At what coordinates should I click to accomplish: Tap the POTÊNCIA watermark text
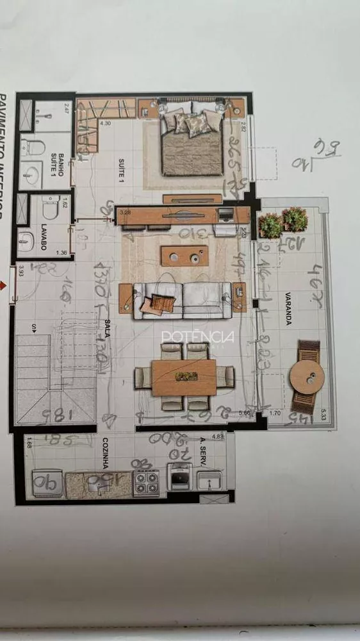pos(198,337)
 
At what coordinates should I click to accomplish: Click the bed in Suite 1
pos(192,138)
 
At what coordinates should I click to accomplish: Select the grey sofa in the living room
pos(182,300)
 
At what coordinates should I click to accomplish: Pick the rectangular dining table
pos(184,377)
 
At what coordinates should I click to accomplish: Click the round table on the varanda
pos(307,377)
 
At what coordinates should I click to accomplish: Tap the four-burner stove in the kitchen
pos(145,482)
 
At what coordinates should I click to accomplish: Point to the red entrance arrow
pos(7,285)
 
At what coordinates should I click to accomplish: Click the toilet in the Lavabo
pos(49,208)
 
